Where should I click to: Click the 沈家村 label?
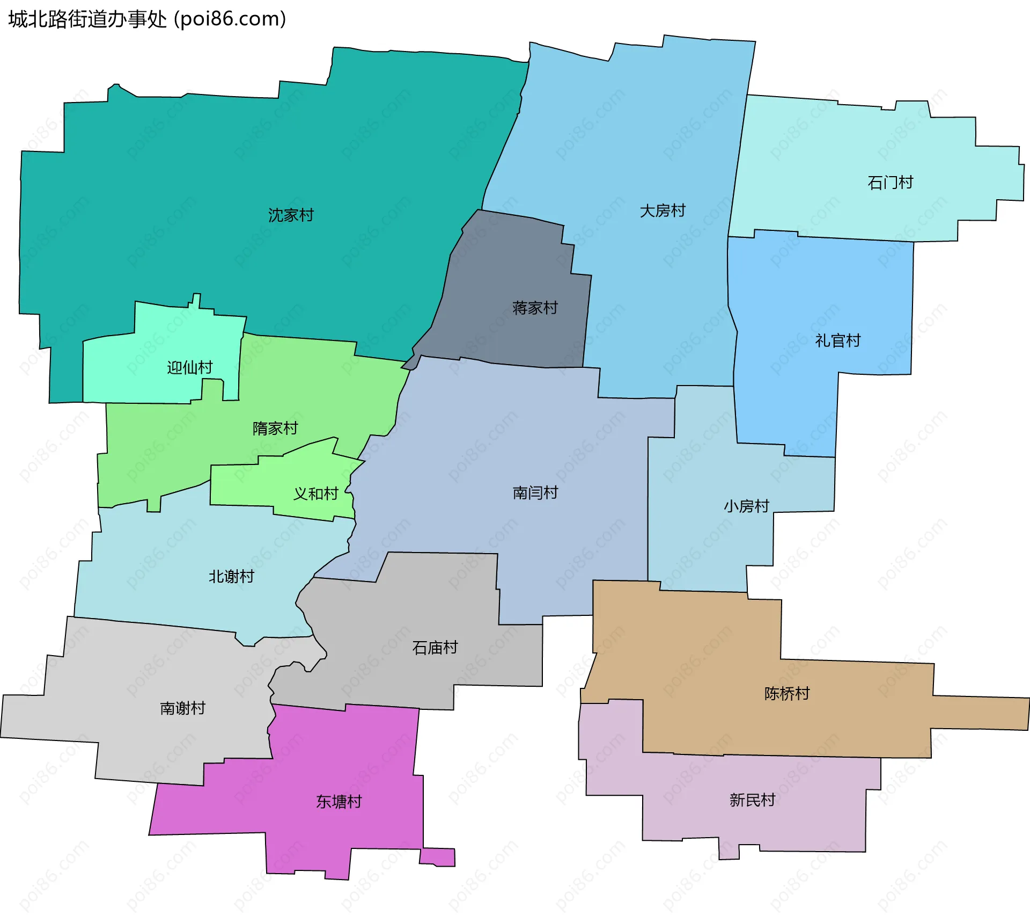click(291, 215)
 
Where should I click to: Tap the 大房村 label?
click(663, 211)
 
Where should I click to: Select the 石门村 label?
click(890, 183)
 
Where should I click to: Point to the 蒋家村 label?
click(535, 308)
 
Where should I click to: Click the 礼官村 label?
click(837, 340)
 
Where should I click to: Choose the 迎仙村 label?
click(190, 368)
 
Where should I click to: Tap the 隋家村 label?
click(275, 429)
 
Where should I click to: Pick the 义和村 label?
click(315, 493)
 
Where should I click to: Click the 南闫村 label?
click(535, 493)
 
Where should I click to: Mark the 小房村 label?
click(746, 506)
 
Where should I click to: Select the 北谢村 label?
click(231, 577)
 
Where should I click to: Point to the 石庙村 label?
click(435, 648)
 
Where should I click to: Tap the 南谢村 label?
click(183, 708)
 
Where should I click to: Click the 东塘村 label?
click(339, 802)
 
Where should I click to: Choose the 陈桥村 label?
click(787, 694)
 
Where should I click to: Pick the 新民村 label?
click(752, 800)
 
